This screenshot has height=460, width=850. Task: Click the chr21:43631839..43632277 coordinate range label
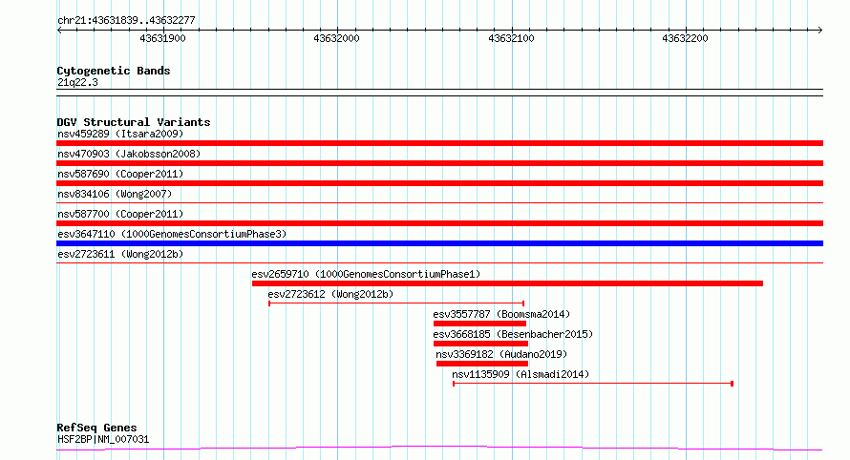point(126,21)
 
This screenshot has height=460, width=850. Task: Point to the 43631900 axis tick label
point(162,38)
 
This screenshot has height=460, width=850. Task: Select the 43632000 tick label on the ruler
point(336,38)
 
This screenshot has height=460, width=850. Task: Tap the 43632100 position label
point(511,38)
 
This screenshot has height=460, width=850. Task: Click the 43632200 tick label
point(685,38)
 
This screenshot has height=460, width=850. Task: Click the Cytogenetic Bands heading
point(114,71)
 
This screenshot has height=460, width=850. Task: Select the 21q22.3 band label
point(77,82)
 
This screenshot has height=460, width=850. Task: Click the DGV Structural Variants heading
point(134,122)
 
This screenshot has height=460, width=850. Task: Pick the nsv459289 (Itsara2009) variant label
point(120,134)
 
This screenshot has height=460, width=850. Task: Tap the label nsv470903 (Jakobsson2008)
point(129,154)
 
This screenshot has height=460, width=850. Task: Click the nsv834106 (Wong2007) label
point(115,194)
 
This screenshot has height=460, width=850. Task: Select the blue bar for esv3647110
point(439,243)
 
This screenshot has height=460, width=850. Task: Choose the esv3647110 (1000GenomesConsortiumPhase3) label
point(172,234)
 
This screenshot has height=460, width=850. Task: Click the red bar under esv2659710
point(507,283)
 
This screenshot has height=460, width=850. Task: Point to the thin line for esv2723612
point(396,303)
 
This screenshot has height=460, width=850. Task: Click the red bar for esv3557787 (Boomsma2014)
point(479,324)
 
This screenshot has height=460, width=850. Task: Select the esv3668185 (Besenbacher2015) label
point(513,334)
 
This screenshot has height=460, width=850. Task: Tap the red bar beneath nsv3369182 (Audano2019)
point(482,364)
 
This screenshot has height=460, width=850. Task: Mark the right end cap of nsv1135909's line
point(733,384)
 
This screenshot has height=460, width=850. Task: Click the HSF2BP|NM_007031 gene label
point(103,439)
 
